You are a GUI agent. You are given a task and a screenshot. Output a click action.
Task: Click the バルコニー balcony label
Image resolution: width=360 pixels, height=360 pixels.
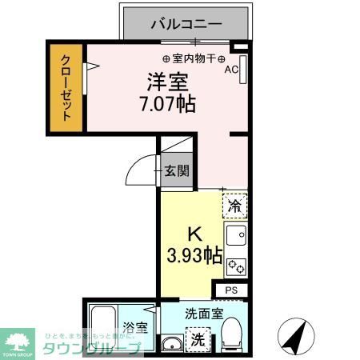(x=186, y=23)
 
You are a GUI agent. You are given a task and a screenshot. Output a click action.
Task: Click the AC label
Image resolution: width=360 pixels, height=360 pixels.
(x=230, y=70)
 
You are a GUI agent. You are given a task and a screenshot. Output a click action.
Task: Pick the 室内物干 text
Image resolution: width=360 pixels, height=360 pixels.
(x=194, y=58)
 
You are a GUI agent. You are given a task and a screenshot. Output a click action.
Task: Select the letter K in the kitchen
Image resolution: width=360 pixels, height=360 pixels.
(x=193, y=234)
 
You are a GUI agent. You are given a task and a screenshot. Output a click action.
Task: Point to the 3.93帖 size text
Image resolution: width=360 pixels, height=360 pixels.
(x=194, y=255)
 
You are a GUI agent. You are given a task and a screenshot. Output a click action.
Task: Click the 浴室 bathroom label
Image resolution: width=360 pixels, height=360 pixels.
(x=135, y=327)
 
